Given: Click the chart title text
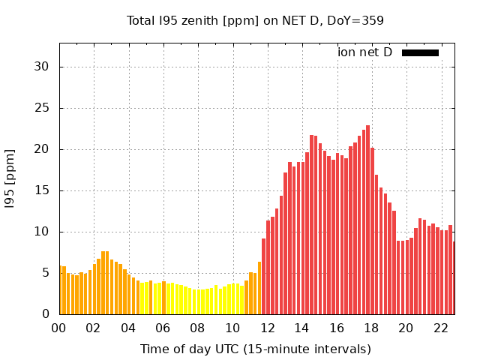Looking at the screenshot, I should (x=255, y=20).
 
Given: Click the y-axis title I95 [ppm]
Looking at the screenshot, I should (x=10, y=179).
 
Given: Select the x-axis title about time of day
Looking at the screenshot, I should (x=255, y=349).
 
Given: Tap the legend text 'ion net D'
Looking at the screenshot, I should (x=364, y=52).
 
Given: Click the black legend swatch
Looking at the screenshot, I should (x=420, y=52).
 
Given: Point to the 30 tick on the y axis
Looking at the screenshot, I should (x=42, y=67).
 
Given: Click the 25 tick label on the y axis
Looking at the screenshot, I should (x=42, y=108).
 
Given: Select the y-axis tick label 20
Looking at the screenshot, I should (x=42, y=149).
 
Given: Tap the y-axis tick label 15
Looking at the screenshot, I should (x=42, y=190).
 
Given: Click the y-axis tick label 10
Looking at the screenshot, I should (x=42, y=232).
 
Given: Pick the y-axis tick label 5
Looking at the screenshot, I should (x=46, y=273).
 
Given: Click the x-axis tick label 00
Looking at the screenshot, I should (x=59, y=328).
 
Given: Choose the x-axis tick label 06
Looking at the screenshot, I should (x=163, y=328).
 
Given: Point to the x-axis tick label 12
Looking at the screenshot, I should (x=267, y=328).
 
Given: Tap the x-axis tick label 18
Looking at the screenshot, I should (x=371, y=328).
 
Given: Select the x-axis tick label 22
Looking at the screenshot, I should (x=440, y=328).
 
